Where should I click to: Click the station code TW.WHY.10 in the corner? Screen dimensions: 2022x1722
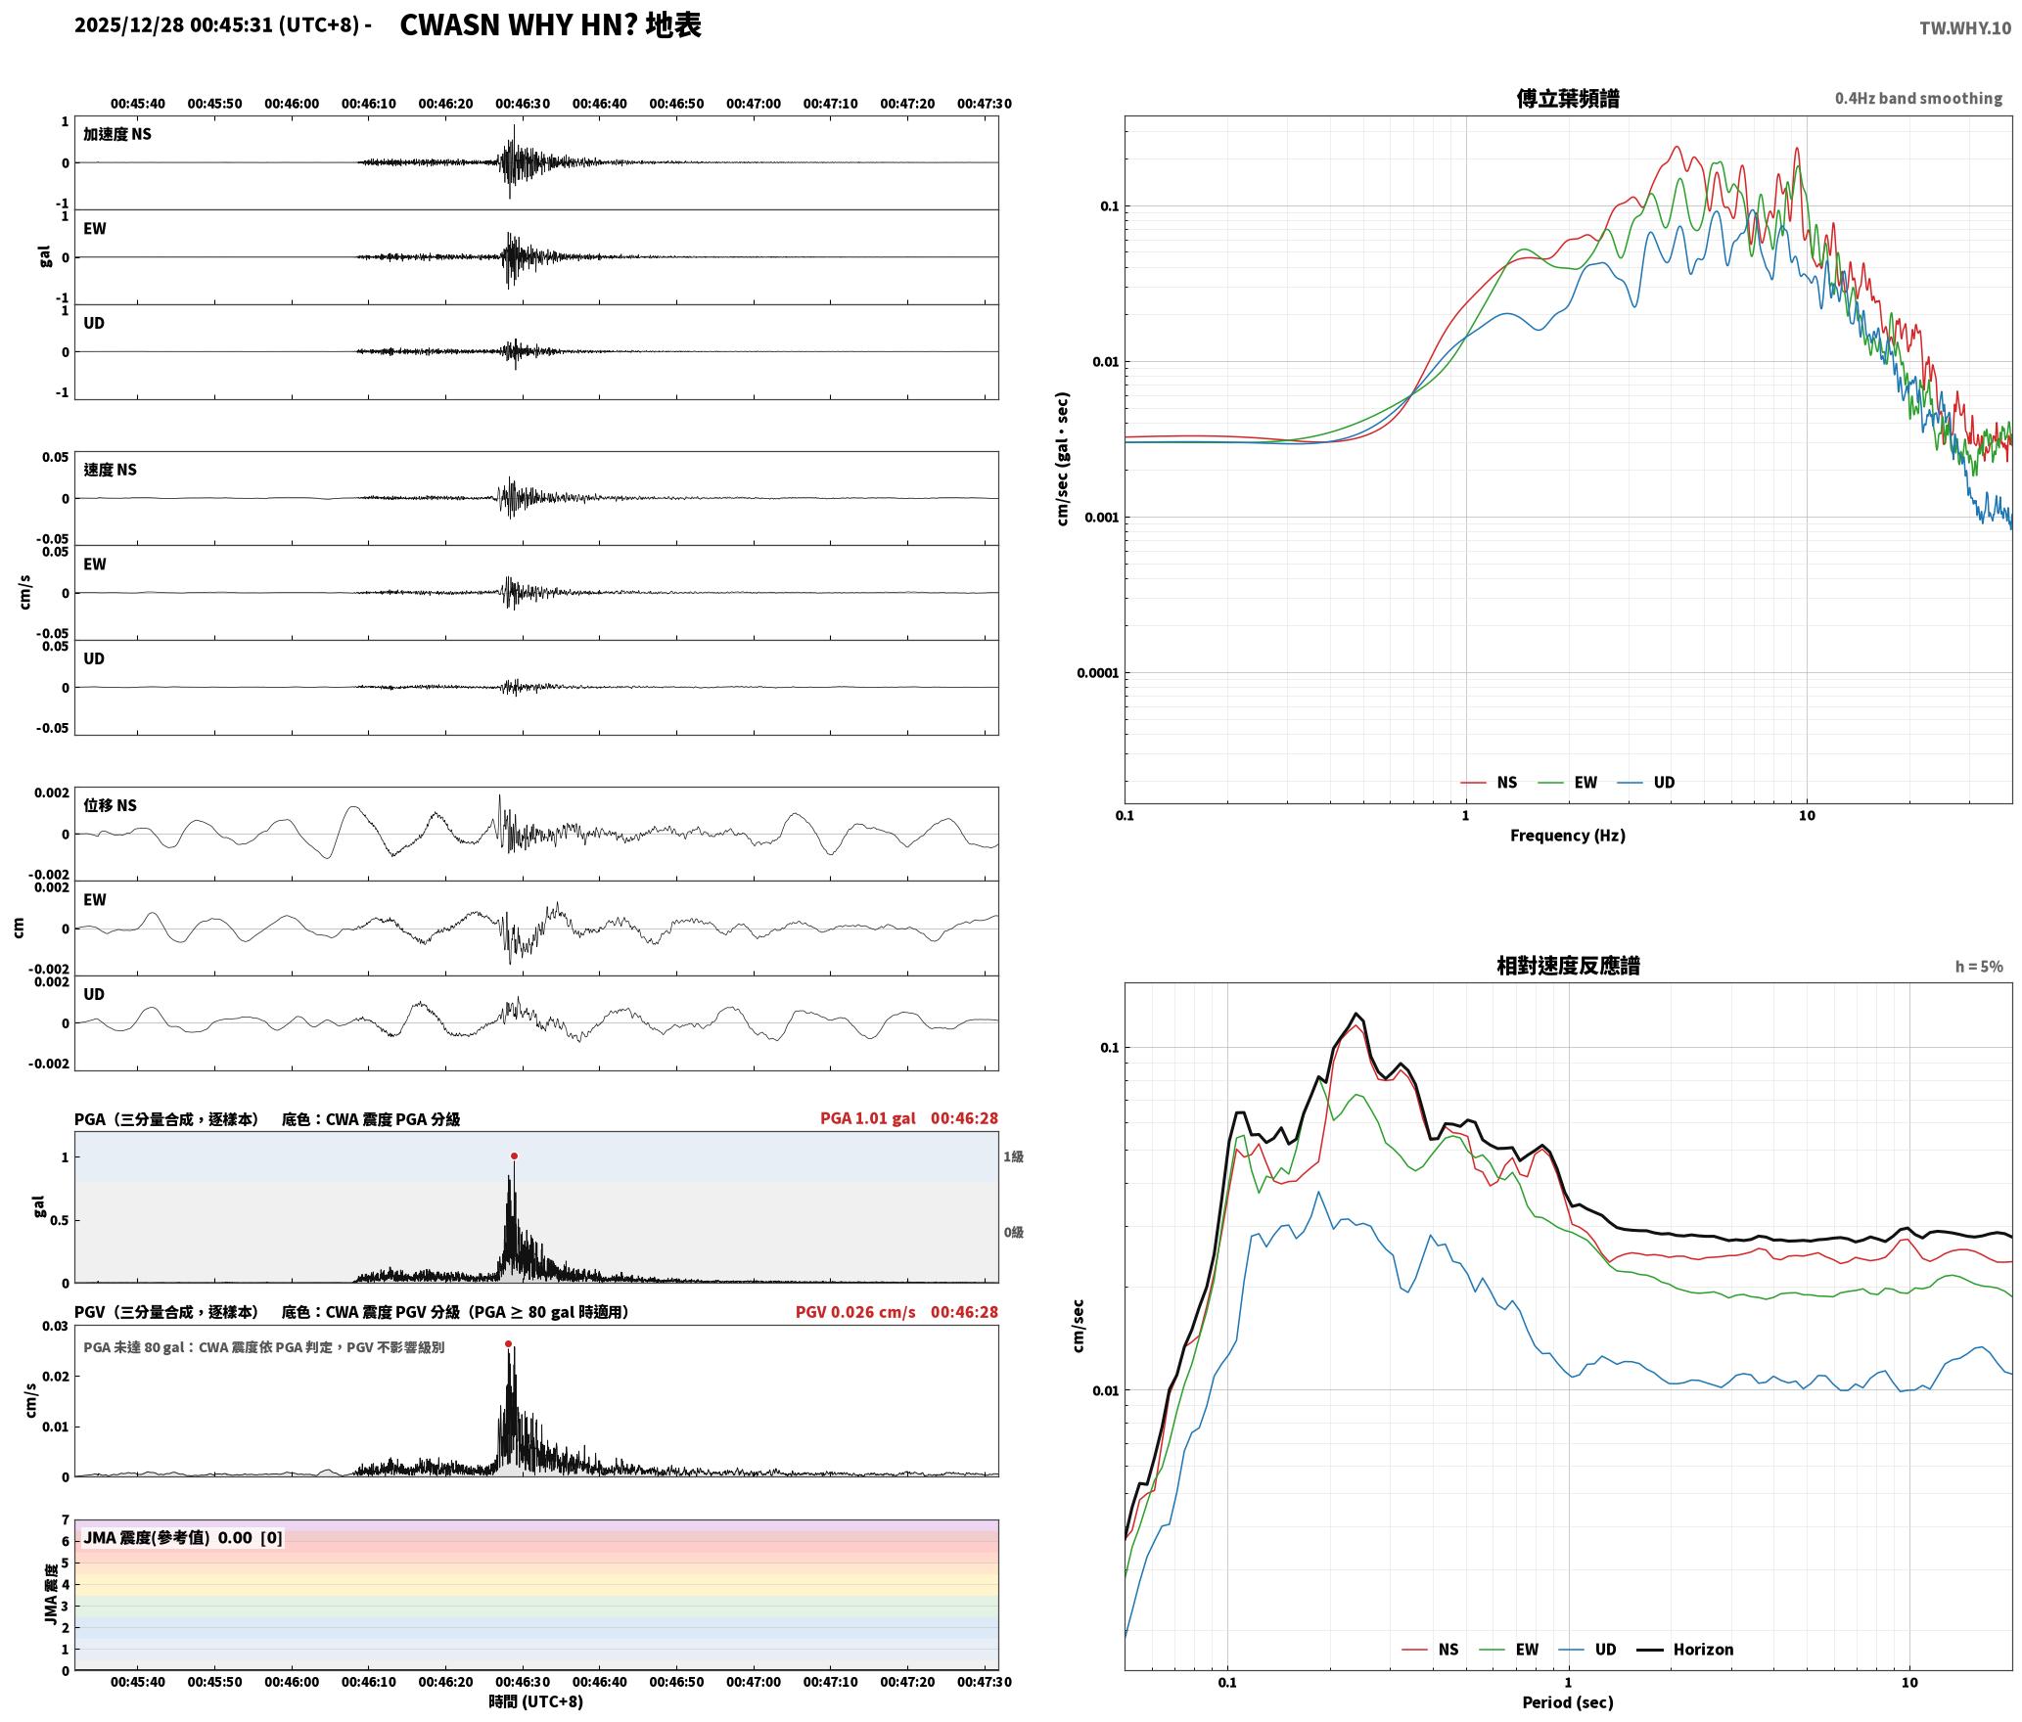[1964, 28]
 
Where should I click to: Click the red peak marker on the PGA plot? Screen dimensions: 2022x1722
[514, 1156]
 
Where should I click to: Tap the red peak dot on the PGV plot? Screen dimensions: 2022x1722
[508, 1344]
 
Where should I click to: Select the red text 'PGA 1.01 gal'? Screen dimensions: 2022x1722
[867, 1118]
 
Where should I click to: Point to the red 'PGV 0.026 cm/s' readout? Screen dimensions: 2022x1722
[855, 1312]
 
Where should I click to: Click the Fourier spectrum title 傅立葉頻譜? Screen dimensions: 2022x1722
[1568, 99]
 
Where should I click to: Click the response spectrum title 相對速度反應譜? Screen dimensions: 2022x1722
[1568, 966]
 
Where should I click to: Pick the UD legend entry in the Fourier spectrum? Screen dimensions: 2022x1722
[1646, 783]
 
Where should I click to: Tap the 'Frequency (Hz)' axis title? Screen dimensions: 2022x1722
[1568, 836]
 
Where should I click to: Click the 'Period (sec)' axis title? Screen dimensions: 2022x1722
[1568, 1702]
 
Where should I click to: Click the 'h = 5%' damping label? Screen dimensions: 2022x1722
[1979, 967]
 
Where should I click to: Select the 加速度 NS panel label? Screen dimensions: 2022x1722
[117, 134]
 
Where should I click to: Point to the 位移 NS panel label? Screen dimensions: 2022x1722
[110, 805]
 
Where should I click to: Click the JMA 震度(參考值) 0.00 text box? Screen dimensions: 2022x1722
[183, 1538]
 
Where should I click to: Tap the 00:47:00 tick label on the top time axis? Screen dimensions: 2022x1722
[754, 104]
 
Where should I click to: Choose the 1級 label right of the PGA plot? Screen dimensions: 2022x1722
[1013, 1156]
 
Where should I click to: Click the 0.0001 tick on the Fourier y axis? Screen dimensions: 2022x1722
[1097, 673]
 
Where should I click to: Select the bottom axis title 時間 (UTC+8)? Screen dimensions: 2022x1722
[536, 1701]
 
